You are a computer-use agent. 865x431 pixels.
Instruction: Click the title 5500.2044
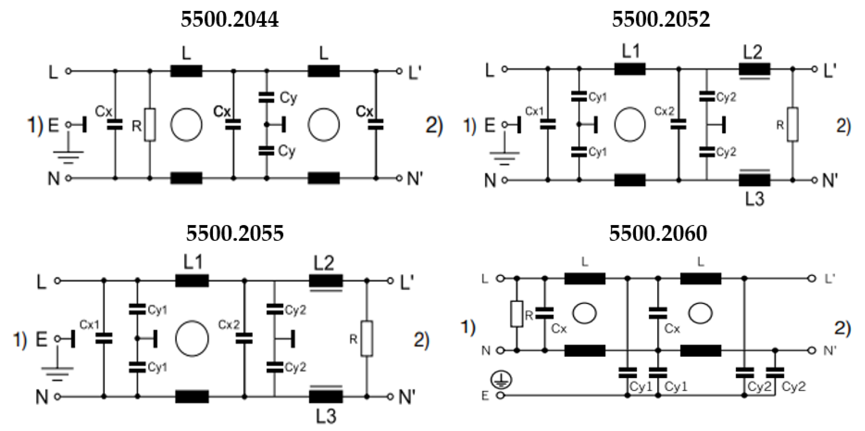[230, 19]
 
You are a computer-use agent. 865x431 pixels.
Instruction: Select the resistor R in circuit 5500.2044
[150, 125]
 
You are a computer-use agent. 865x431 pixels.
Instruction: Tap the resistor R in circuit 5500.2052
[793, 125]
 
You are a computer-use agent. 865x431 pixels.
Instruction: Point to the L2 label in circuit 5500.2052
[753, 52]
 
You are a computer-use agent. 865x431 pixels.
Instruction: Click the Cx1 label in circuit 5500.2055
[89, 325]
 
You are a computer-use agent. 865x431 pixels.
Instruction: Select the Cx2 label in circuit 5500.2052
[664, 111]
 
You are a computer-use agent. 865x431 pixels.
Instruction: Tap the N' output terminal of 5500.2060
[812, 351]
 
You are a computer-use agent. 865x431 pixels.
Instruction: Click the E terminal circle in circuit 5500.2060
[501, 396]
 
